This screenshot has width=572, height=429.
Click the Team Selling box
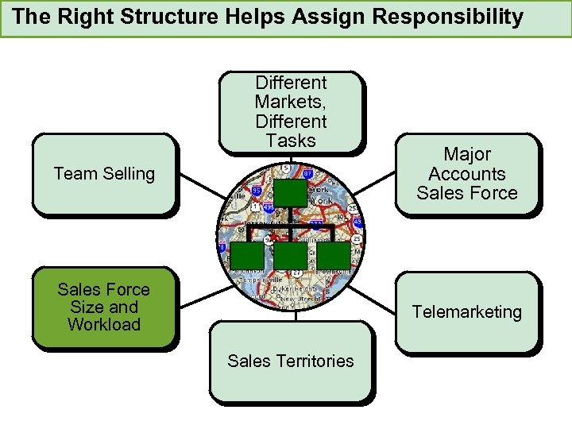tap(103, 174)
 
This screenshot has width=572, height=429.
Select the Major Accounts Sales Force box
tap(467, 174)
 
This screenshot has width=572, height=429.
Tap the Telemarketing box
tap(467, 311)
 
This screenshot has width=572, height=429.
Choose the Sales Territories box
tap(291, 361)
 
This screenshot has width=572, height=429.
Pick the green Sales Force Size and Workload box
tap(103, 307)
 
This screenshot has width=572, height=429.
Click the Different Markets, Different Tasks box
tap(291, 111)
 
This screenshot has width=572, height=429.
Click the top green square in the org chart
tap(290, 193)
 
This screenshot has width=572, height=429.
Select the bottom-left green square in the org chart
tap(246, 254)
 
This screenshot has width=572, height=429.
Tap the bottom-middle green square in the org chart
tap(290, 254)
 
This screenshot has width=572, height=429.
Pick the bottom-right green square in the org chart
tap(334, 254)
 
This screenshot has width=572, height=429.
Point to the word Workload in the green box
tap(103, 325)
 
